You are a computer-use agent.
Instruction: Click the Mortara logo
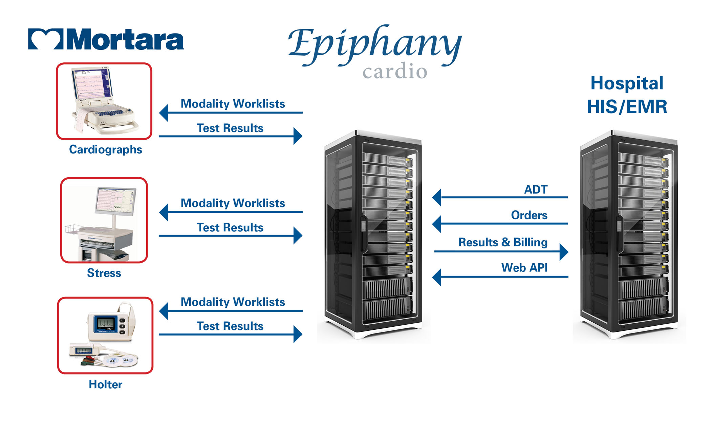[106, 39]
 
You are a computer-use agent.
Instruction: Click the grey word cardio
[395, 72]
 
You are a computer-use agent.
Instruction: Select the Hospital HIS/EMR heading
[627, 95]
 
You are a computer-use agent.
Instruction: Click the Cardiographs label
[105, 149]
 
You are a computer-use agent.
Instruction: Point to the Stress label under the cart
[104, 273]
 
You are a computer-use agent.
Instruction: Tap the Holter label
[105, 384]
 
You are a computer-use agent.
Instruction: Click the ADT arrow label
[536, 189]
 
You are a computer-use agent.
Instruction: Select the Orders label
[529, 215]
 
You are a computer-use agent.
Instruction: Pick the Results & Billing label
[503, 242]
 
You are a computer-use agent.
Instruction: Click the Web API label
[524, 268]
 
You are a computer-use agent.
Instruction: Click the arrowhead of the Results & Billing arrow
[563, 251]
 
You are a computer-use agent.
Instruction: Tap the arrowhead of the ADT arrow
[437, 197]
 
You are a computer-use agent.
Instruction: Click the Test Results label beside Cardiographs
[230, 128]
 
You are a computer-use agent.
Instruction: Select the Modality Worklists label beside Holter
[233, 302]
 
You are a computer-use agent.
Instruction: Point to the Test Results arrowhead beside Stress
[298, 236]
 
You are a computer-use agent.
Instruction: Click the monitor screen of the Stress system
[115, 200]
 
